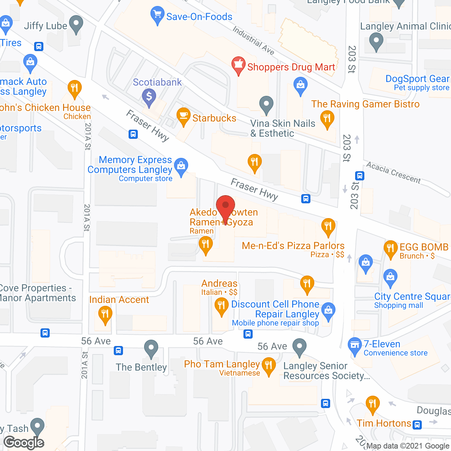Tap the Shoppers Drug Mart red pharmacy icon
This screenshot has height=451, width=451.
tap(239, 65)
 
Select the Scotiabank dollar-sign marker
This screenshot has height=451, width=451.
tap(149, 97)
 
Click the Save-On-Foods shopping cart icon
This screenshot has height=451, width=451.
tap(157, 15)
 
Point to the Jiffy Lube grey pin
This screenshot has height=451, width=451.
tap(76, 24)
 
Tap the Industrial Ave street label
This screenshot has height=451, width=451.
tap(253, 41)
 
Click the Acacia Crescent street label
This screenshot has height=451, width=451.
tap(393, 172)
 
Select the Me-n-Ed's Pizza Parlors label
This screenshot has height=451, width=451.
tap(293, 246)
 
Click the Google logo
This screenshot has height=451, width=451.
tap(24, 442)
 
